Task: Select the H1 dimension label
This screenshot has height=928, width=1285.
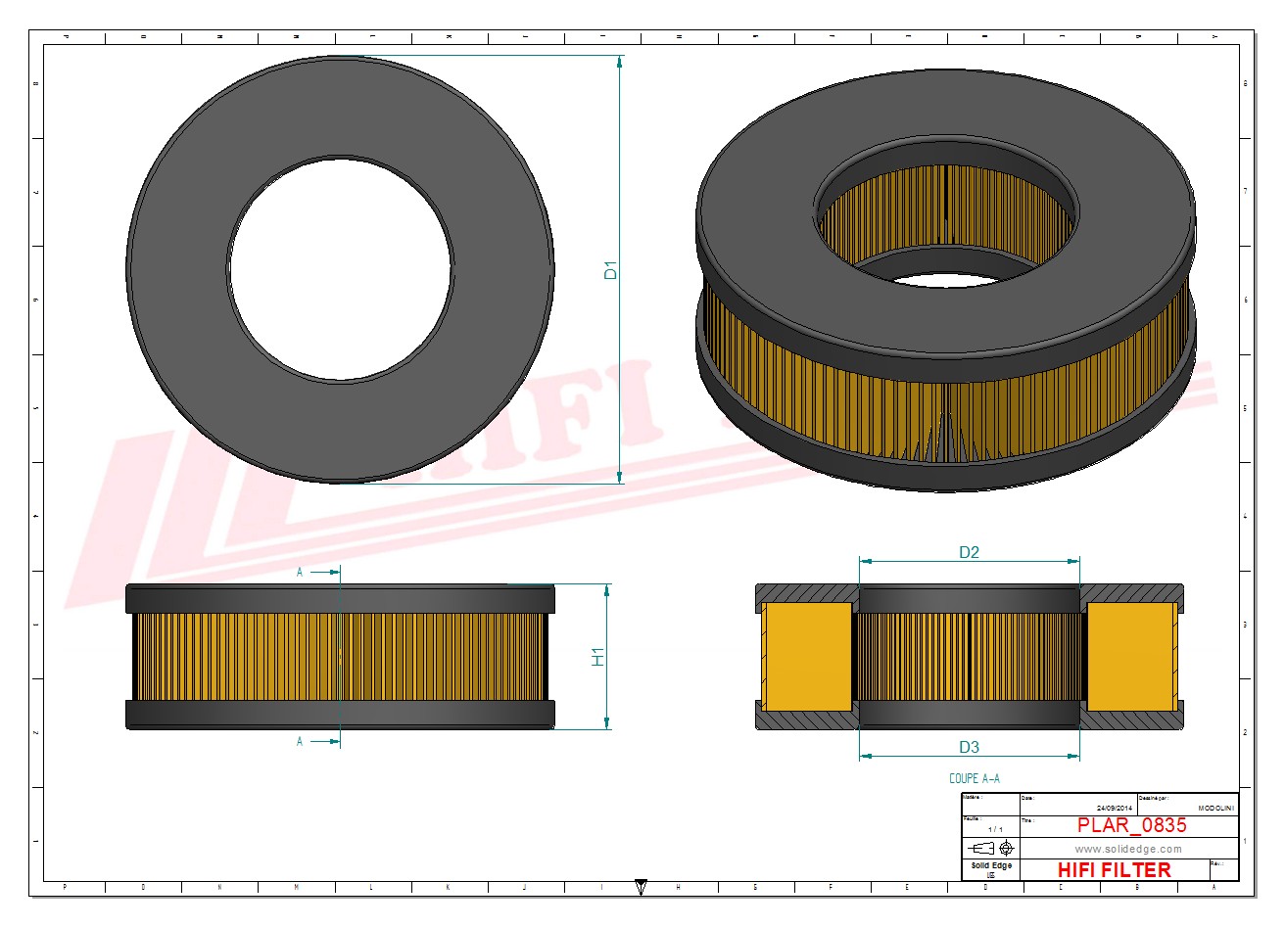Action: coord(598,657)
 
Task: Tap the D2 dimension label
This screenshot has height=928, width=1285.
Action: coord(969,552)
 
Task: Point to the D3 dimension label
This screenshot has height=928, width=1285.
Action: coord(969,747)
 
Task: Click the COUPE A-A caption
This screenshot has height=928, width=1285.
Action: coord(975,779)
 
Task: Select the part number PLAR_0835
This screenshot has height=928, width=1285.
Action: coord(1131,825)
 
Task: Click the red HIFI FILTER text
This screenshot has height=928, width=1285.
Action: coord(1115,869)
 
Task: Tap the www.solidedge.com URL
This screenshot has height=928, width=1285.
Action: coord(1128,849)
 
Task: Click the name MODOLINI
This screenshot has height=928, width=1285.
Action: coord(1216,808)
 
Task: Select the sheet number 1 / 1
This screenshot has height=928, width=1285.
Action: coord(996,829)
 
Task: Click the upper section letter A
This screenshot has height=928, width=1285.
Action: coord(300,573)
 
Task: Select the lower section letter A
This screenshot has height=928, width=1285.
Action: coord(300,742)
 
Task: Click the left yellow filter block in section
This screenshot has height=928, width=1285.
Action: coord(806,657)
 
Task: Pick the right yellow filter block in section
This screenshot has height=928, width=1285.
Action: coord(1132,657)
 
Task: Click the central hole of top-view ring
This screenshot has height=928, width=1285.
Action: coord(341,268)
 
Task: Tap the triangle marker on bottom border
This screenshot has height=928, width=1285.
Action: coord(641,886)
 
